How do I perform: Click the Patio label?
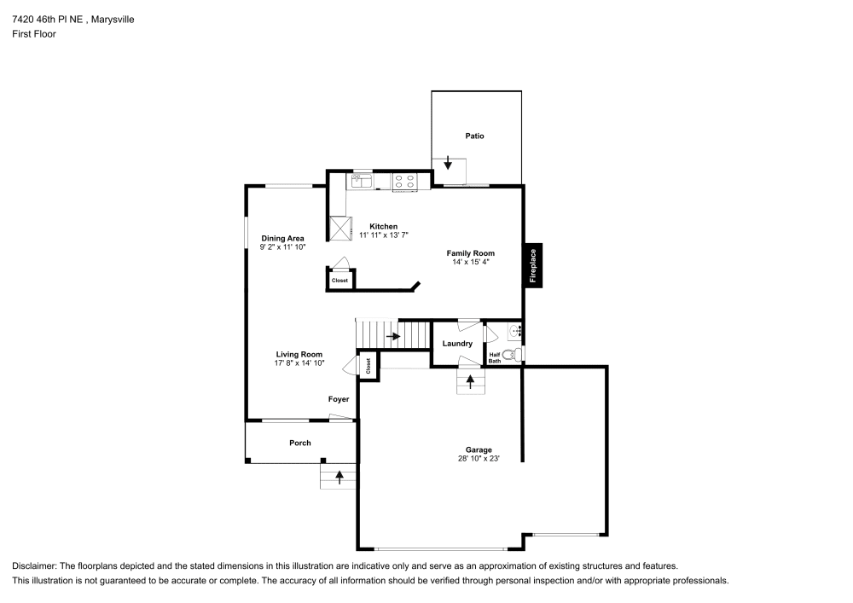[x=474, y=136]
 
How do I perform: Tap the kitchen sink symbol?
[x=360, y=181]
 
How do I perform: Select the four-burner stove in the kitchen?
[x=404, y=181]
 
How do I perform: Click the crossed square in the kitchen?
[x=343, y=227]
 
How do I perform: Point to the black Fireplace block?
[x=533, y=265]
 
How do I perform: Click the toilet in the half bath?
[x=510, y=354]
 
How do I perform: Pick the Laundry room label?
[x=457, y=344]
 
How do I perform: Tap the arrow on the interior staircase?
[x=392, y=336]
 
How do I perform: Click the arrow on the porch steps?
[x=339, y=477]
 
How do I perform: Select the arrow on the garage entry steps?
[x=469, y=381]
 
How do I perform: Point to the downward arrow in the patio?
[x=449, y=163]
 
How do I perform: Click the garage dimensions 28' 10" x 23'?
[x=478, y=459]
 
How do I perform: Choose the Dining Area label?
[x=282, y=238]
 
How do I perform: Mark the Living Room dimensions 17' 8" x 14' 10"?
[x=299, y=363]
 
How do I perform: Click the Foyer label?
[x=339, y=399]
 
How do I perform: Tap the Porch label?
[x=299, y=443]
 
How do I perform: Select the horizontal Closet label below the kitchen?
[x=339, y=281]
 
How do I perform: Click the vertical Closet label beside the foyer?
[x=368, y=366]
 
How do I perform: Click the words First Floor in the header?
[x=34, y=34]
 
